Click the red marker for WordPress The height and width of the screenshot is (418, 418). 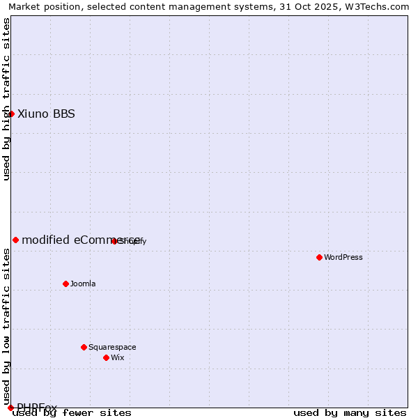tap(319, 257)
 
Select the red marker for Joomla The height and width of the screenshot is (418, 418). tap(66, 284)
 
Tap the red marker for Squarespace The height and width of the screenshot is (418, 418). tap(84, 347)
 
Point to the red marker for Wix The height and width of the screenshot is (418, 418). tap(106, 357)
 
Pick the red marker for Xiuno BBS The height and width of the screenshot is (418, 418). tap(11, 114)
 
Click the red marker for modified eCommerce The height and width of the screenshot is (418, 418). tap(15, 240)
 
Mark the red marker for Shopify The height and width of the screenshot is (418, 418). tap(114, 241)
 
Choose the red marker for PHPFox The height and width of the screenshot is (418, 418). tap(10, 408)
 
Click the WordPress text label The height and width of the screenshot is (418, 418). tap(343, 257)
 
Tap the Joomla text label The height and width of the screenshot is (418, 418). tap(83, 284)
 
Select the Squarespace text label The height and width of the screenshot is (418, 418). tap(112, 347)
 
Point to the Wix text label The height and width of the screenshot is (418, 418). tap(118, 357)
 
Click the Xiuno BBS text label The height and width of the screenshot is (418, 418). tap(46, 114)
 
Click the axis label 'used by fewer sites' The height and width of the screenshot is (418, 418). tap(72, 413)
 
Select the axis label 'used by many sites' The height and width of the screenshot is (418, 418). tap(350, 413)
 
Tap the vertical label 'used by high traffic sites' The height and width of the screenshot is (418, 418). tap(6, 99)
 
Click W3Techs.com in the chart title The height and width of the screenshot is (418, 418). tap(377, 6)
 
